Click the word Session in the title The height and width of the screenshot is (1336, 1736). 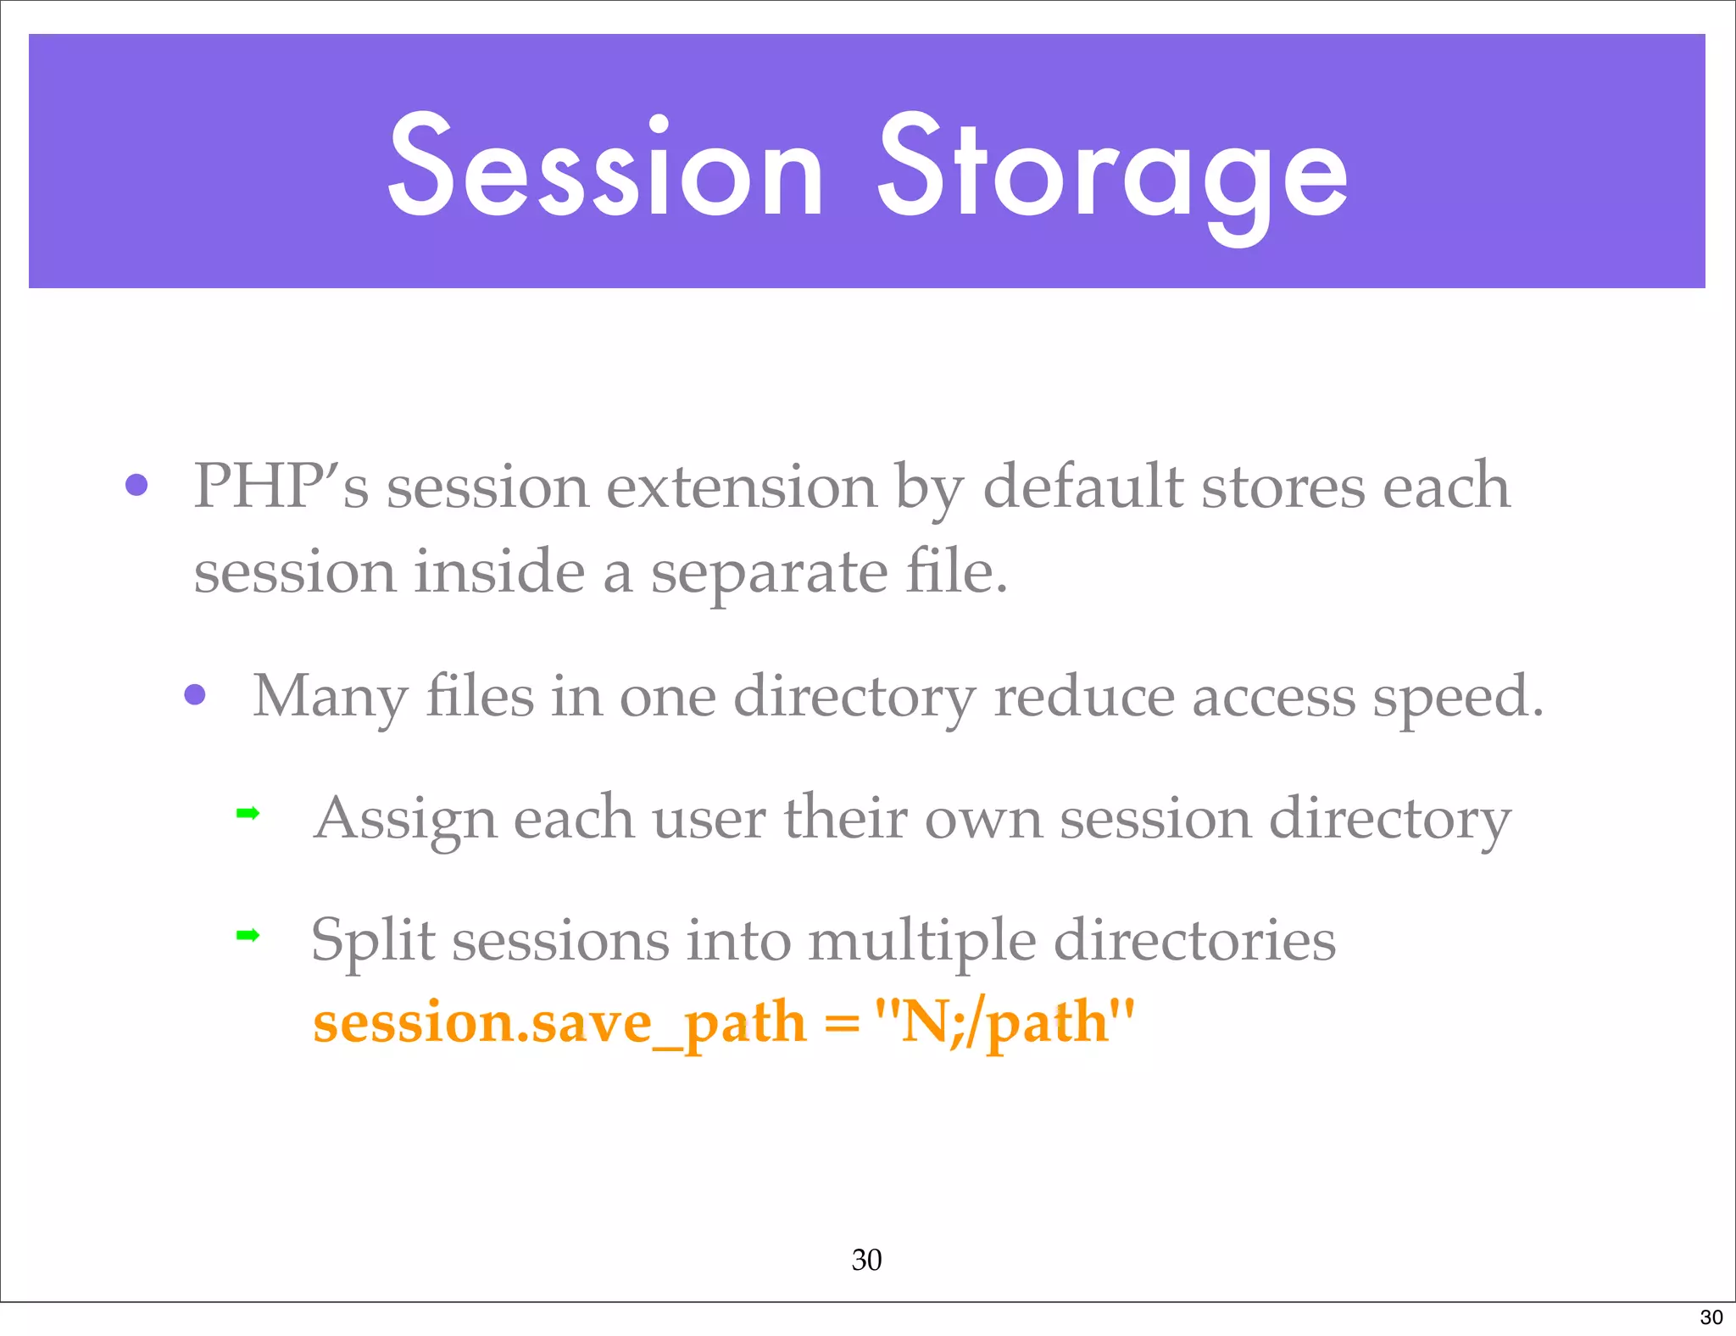[x=605, y=167]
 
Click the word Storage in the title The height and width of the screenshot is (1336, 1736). [x=1112, y=174]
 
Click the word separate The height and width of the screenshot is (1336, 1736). [x=769, y=574]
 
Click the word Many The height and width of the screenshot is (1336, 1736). [x=331, y=698]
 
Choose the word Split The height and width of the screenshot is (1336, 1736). [x=373, y=942]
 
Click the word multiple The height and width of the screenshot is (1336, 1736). [x=921, y=942]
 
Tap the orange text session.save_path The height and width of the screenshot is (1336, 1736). [x=559, y=1023]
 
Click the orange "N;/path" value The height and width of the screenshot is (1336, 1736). [x=1004, y=1021]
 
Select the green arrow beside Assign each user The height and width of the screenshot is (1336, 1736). [x=248, y=814]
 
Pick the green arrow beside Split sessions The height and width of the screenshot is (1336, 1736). [x=248, y=936]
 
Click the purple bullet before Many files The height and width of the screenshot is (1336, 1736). [x=195, y=695]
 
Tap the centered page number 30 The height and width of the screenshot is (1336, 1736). [x=866, y=1260]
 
